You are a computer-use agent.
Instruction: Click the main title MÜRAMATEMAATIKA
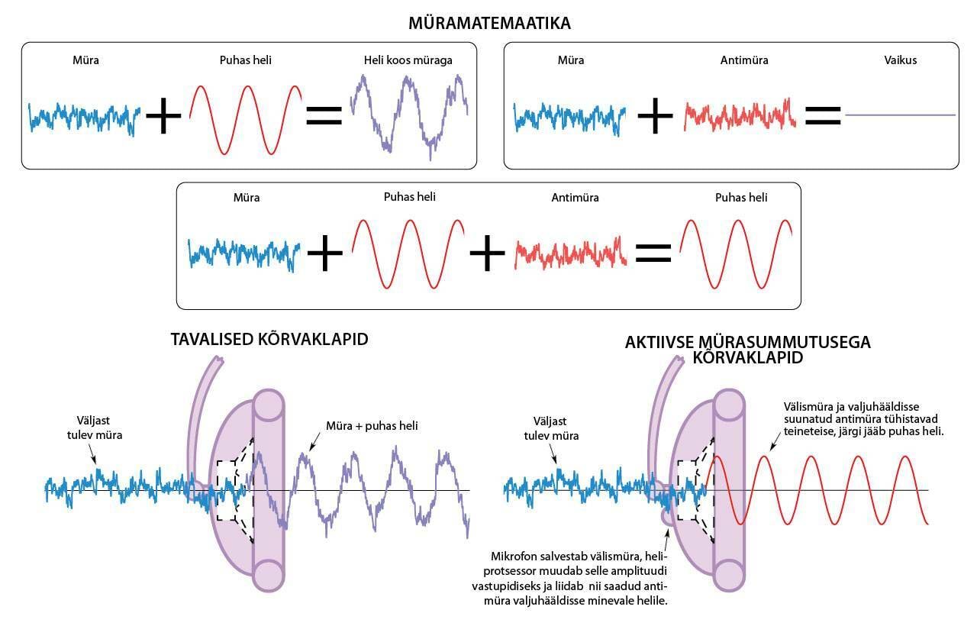pyautogui.click(x=489, y=24)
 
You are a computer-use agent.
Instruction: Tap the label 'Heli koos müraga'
pyautogui.click(x=406, y=60)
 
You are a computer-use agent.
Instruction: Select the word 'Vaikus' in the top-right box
pyautogui.click(x=901, y=60)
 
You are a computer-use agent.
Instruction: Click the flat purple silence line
pyautogui.click(x=901, y=115)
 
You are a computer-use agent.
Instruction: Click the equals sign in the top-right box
pyautogui.click(x=823, y=116)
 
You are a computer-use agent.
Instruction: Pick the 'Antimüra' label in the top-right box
pyautogui.click(x=744, y=60)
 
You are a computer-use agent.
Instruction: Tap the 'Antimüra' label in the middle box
pyautogui.click(x=575, y=198)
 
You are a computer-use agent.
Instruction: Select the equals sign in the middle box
pyautogui.click(x=653, y=253)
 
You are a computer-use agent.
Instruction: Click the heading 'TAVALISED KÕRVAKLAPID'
pyautogui.click(x=269, y=339)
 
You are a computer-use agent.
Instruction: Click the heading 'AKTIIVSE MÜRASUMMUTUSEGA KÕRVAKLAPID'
pyautogui.click(x=747, y=350)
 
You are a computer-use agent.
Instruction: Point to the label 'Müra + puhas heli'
pyautogui.click(x=372, y=426)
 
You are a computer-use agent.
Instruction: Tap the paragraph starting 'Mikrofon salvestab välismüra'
pyautogui.click(x=569, y=579)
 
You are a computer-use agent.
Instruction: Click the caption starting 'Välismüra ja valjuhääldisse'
pyautogui.click(x=863, y=419)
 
